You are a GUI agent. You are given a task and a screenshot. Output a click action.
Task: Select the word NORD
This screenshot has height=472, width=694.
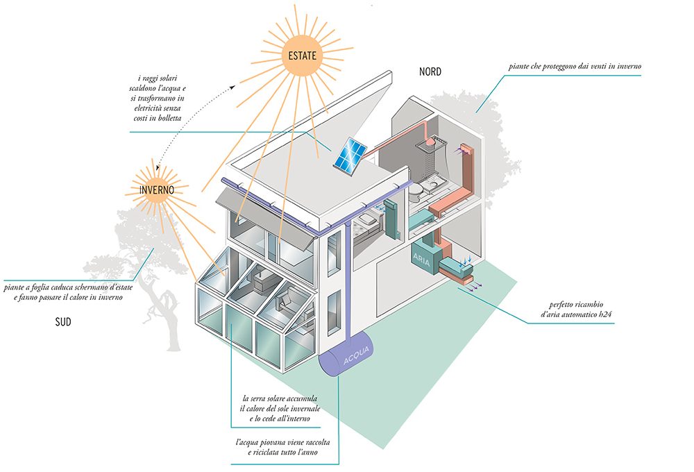point(430,71)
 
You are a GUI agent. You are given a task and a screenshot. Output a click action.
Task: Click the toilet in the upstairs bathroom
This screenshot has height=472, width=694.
point(417,188)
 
